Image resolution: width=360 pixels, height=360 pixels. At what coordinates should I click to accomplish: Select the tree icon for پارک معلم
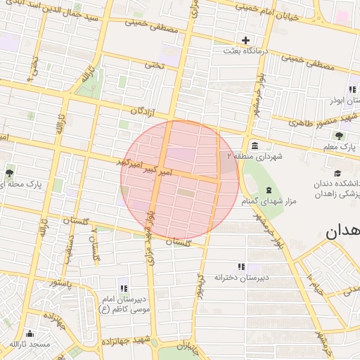tap(340, 136)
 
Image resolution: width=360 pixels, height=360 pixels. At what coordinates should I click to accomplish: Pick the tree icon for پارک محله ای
tap(9, 173)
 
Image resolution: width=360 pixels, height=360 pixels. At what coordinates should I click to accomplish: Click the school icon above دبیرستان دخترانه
tap(241, 266)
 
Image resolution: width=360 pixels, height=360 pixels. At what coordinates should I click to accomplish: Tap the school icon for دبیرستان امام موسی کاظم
tap(124, 288)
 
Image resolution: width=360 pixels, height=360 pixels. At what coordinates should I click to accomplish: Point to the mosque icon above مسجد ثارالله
tap(30, 334)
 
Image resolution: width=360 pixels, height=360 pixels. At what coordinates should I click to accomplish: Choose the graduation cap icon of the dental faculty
tap(337, 173)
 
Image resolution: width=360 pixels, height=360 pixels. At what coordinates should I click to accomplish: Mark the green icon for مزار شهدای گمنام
tap(267, 191)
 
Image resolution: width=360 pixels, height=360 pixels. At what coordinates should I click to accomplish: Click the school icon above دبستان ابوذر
tap(352, 89)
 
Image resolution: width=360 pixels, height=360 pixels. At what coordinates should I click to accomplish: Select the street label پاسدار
tap(61, 283)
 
